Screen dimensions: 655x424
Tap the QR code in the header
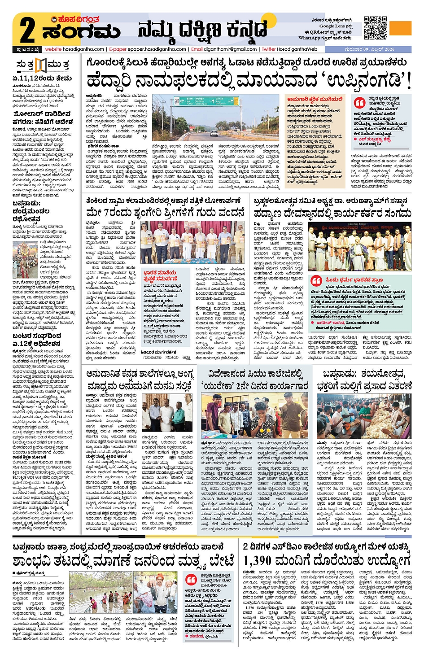[375, 28]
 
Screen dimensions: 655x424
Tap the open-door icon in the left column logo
[41, 65]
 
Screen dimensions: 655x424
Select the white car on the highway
[214, 133]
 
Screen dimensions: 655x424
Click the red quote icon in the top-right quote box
[359, 103]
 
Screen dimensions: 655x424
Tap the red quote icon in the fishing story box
[191, 580]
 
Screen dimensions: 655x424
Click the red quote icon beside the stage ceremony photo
[317, 280]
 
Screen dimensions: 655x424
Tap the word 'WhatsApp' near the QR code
[309, 38]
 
